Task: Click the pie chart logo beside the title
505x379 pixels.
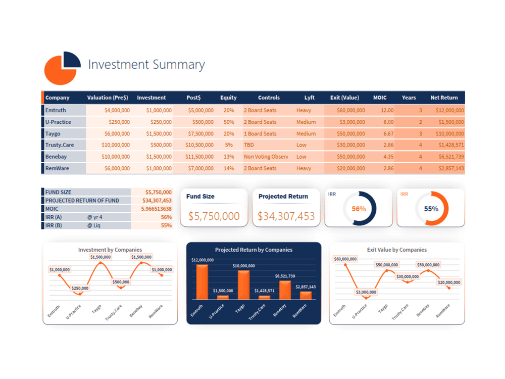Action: point(62,68)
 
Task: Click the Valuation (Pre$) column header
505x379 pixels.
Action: point(108,98)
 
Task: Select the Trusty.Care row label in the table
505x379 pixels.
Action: point(60,145)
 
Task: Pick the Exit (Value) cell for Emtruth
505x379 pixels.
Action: point(351,110)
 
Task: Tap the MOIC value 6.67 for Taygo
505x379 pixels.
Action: point(388,134)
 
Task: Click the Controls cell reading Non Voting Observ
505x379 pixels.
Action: point(266,157)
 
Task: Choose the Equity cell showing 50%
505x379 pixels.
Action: point(229,122)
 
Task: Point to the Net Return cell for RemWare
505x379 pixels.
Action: point(451,168)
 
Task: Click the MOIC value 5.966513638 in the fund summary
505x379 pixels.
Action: point(156,209)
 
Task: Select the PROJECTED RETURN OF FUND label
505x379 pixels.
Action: point(82,201)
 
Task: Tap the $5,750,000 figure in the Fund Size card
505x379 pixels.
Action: point(214,216)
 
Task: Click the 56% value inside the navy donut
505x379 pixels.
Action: point(359,209)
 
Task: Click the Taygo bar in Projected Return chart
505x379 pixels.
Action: point(243,285)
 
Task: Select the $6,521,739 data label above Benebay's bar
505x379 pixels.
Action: point(285,276)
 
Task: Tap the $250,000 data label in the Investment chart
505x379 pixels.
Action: point(80,288)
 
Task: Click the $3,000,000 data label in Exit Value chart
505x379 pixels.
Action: point(366,292)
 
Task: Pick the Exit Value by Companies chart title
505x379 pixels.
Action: point(397,250)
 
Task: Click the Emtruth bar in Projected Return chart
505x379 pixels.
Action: point(203,282)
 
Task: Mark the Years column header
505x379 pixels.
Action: point(409,98)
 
